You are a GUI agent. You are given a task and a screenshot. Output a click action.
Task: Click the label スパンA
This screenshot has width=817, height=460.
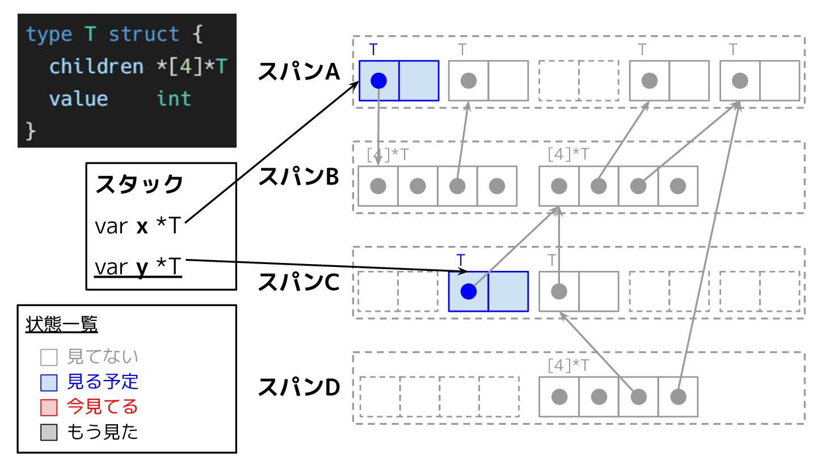[298, 72]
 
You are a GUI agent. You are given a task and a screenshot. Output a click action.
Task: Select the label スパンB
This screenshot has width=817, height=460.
[298, 178]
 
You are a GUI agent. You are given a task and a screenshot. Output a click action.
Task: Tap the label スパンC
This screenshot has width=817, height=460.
[298, 283]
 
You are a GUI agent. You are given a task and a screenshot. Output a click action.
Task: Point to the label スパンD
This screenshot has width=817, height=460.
[298, 388]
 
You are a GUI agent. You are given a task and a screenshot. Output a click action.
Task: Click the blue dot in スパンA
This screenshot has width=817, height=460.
[378, 81]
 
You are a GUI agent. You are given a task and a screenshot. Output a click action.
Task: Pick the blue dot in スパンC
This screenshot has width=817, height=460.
[468, 291]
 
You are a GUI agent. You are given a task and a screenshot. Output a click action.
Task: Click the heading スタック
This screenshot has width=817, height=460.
[139, 185]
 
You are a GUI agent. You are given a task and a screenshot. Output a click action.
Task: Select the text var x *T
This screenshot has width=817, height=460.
[137, 227]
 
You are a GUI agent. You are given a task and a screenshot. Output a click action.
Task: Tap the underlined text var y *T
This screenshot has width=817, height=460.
[138, 267]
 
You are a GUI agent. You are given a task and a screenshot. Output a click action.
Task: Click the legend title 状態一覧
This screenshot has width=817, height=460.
[62, 325]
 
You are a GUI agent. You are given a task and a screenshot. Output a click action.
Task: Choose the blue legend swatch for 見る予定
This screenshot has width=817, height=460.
[49, 383]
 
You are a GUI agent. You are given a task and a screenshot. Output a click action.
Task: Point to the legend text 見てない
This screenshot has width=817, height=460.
[103, 357]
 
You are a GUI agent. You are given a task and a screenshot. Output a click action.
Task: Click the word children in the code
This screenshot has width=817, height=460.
[96, 67]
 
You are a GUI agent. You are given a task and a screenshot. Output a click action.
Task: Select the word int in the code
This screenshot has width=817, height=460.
[174, 99]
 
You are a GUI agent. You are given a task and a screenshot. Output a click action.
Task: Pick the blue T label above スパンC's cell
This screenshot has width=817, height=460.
[461, 261]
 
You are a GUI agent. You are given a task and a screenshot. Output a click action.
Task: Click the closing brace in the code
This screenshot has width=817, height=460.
[31, 131]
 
